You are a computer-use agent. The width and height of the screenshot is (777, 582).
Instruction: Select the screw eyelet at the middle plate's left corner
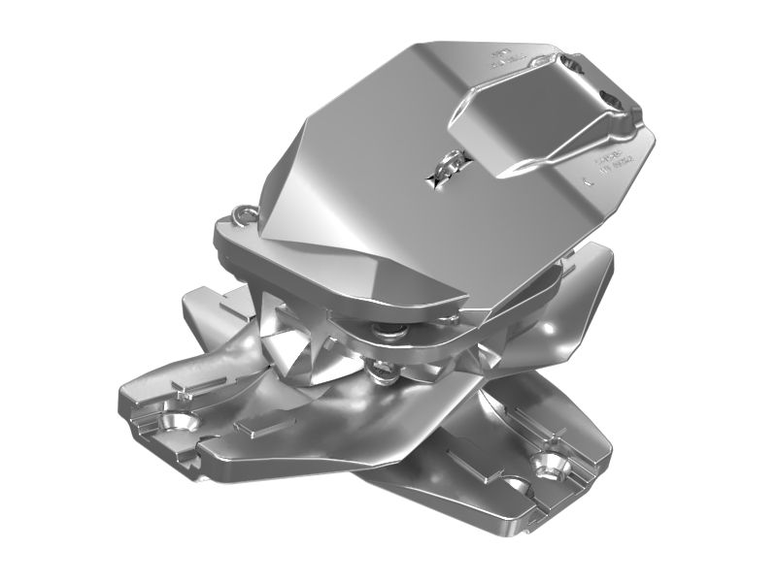pos(244,214)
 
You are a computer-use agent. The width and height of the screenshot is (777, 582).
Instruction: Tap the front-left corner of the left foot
pos(126,407)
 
